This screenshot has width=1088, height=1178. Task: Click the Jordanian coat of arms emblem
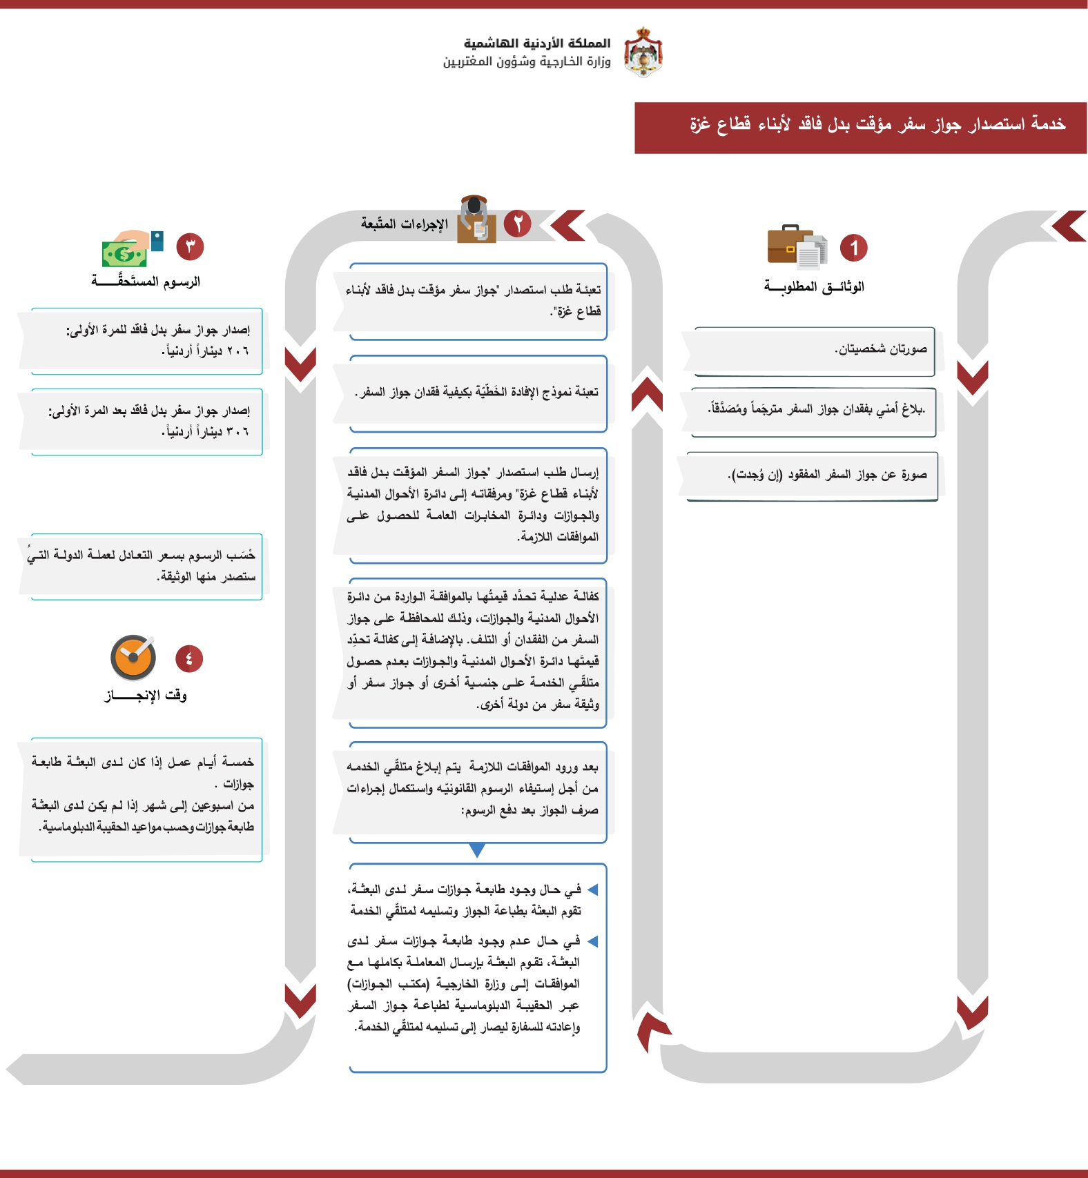643,52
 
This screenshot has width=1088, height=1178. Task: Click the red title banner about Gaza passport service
859,128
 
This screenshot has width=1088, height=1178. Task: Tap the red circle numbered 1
853,248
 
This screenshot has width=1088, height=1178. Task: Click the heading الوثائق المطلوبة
814,286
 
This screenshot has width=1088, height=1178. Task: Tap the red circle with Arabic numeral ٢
518,224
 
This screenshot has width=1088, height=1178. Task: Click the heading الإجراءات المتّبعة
405,224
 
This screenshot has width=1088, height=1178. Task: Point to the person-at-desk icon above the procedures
476,219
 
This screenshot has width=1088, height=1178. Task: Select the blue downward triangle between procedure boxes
477,850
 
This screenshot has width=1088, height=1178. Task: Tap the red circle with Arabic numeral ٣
190,246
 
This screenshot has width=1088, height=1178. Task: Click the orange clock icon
133,658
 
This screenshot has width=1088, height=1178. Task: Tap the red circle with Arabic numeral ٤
189,658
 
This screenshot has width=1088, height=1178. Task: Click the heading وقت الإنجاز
146,695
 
